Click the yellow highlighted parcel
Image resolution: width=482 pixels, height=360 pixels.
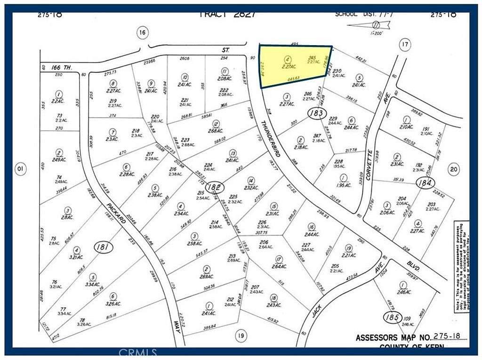(x=295, y=66)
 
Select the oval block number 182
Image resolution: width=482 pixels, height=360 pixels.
(x=214, y=186)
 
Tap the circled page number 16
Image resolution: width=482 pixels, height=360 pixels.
(x=142, y=32)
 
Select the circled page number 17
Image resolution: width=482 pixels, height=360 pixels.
(x=404, y=45)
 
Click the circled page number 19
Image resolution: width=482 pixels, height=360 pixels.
(x=241, y=336)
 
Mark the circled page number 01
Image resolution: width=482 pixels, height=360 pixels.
(x=20, y=168)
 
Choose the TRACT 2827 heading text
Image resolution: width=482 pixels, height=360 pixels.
(x=227, y=14)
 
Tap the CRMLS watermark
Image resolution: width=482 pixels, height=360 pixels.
(x=137, y=352)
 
